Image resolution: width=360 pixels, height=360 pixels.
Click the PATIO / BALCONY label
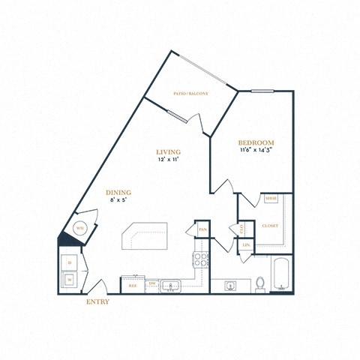(190, 94)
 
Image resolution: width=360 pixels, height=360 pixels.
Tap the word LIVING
(168, 151)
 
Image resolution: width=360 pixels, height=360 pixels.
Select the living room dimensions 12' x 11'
(168, 160)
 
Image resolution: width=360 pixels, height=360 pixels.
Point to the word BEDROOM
(256, 142)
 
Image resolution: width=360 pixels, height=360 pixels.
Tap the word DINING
(118, 191)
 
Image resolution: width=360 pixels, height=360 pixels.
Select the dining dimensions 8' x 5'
(118, 200)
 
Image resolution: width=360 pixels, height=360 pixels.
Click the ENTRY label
(97, 302)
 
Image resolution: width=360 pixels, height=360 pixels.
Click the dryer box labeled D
(70, 263)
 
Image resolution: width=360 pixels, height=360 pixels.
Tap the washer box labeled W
(70, 280)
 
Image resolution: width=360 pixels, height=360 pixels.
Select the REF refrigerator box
(132, 286)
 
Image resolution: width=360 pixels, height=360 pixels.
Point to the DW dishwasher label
(151, 284)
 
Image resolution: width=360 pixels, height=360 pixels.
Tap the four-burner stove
(202, 260)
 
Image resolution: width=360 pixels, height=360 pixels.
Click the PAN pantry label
(202, 229)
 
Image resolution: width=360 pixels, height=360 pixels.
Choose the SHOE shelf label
(270, 199)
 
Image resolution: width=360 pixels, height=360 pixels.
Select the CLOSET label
(269, 226)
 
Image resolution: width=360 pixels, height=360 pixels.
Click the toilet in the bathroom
(260, 283)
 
